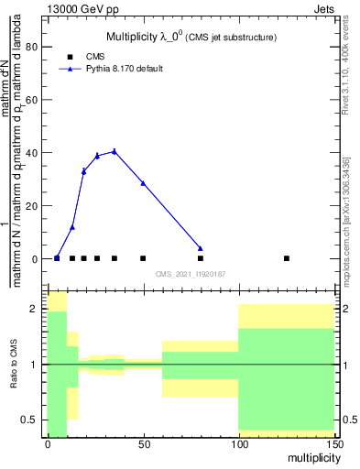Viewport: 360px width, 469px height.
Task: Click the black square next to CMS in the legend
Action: [69, 56]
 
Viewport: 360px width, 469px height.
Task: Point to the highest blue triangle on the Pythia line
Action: [114, 151]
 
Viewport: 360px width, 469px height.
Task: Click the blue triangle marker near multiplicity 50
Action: [143, 183]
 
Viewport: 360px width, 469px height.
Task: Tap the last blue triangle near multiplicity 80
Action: [201, 248]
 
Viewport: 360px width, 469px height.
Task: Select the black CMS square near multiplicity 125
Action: [287, 258]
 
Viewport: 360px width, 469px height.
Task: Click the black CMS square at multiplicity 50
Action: [143, 258]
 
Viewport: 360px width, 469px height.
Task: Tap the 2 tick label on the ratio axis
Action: [36, 310]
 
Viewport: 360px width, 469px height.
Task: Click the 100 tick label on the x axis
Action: [238, 444]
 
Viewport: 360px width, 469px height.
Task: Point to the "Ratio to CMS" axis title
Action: [14, 365]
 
